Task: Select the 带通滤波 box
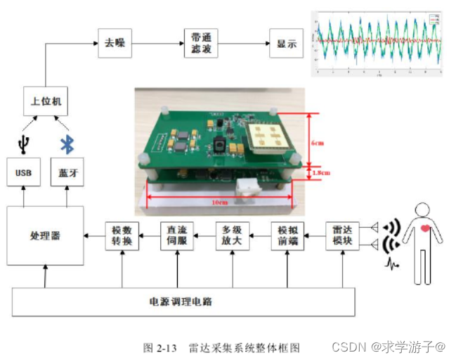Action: [200, 44]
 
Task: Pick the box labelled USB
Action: [23, 172]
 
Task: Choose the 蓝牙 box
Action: [67, 172]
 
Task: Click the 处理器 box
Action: [45, 236]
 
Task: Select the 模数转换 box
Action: [122, 236]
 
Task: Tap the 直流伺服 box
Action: [177, 236]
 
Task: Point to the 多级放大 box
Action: [232, 236]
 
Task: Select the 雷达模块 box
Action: [343, 236]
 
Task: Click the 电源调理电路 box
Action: [181, 302]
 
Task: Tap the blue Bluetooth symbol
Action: [67, 145]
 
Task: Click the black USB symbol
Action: [24, 145]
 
